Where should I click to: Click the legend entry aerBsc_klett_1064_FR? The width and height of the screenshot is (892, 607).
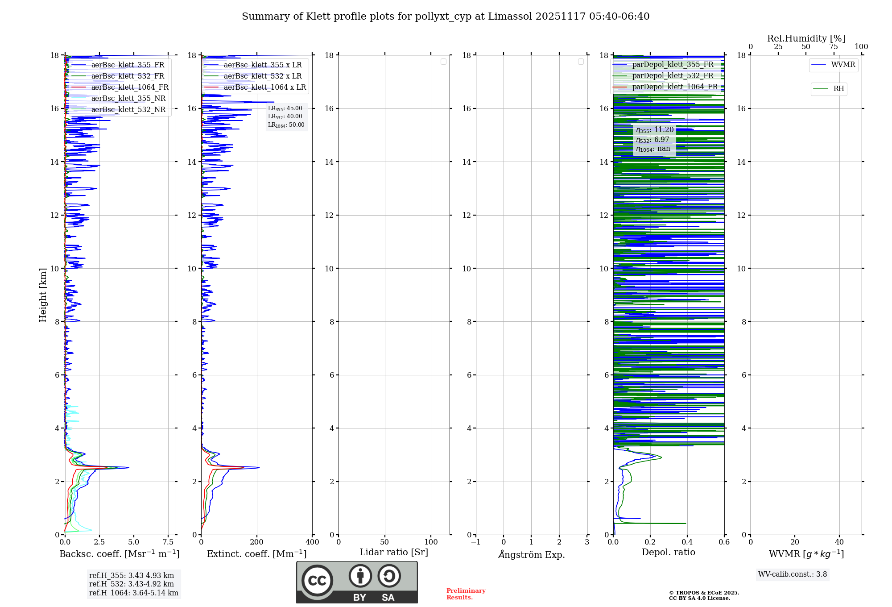[x=130, y=87]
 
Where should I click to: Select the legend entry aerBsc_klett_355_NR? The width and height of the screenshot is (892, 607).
[x=128, y=99]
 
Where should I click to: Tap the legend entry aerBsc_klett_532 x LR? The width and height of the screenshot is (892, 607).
[x=263, y=76]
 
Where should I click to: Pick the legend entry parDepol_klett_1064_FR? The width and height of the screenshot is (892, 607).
[x=675, y=87]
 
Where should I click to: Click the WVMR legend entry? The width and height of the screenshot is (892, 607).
[x=843, y=65]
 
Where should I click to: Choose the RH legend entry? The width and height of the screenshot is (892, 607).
[x=838, y=89]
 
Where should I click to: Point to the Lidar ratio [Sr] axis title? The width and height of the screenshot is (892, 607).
[x=394, y=553]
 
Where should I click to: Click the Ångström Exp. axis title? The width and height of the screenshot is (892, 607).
[x=532, y=555]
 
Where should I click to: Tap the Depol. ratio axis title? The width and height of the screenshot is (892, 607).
[x=668, y=553]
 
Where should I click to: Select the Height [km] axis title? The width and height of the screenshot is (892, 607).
[x=43, y=295]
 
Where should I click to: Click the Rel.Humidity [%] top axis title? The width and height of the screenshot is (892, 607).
[x=806, y=38]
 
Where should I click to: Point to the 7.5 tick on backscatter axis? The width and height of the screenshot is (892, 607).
[x=168, y=542]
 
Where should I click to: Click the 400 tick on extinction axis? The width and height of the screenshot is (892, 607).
[x=312, y=542]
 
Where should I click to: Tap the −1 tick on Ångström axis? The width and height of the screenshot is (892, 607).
[x=475, y=542]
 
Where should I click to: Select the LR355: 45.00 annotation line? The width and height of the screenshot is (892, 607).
[x=285, y=108]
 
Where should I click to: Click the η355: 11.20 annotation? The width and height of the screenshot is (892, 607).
[x=655, y=130]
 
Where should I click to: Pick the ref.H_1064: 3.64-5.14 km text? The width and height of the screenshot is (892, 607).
[x=134, y=593]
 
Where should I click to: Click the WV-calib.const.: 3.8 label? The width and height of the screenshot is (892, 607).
[x=793, y=574]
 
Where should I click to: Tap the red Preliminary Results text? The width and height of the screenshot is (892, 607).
[x=466, y=594]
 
